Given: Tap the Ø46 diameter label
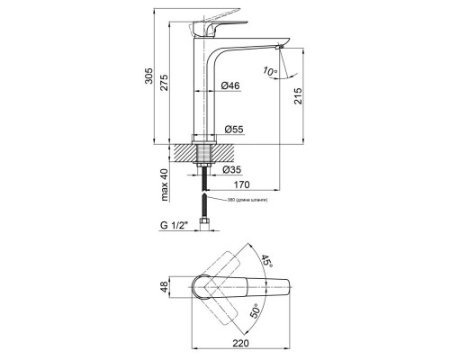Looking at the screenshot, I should [x=231, y=85].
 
